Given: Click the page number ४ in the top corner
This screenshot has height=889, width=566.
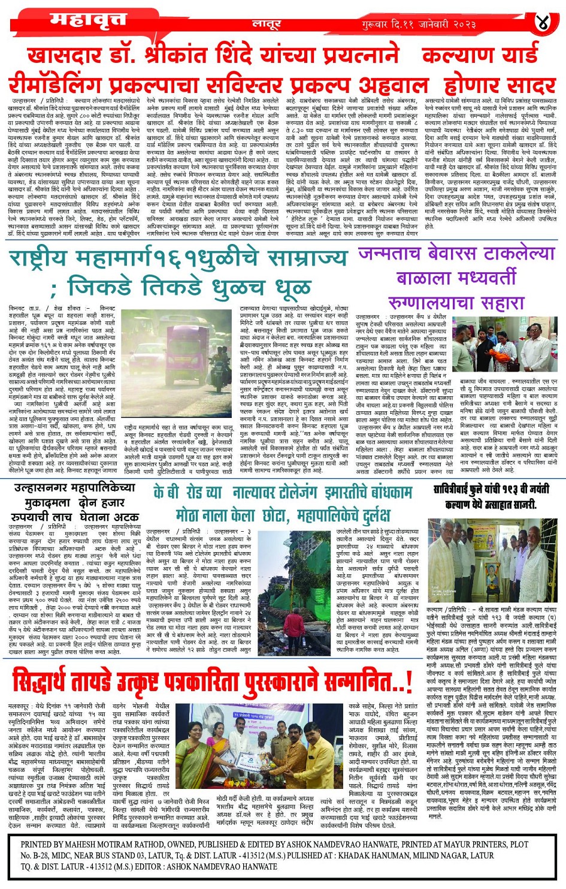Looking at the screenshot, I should tap(542, 23).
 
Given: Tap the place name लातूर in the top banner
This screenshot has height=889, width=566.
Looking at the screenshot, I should tap(267, 25).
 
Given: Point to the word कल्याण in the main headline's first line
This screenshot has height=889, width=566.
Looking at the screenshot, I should tap(469, 55).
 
